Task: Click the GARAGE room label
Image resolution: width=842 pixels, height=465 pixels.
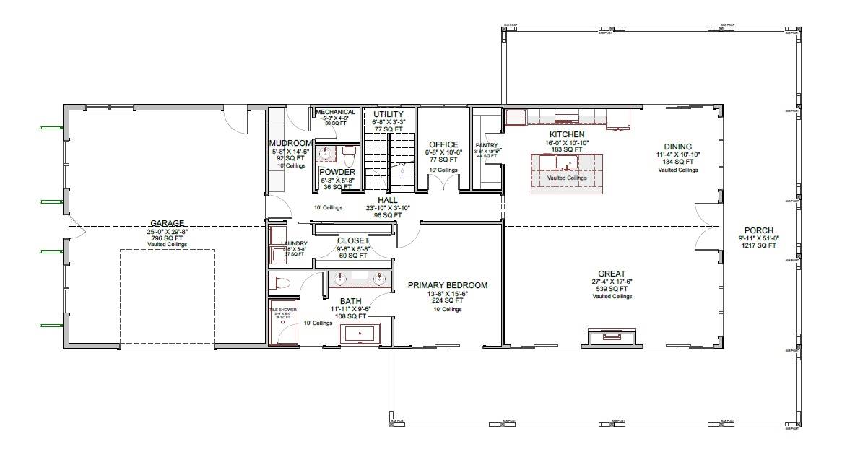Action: tap(167, 223)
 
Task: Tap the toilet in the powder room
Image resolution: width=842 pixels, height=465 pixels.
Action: tap(350, 155)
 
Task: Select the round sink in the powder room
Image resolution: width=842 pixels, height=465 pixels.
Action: tap(326, 154)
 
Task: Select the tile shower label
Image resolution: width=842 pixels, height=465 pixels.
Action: tap(282, 309)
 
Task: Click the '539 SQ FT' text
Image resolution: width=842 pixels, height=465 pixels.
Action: tap(612, 289)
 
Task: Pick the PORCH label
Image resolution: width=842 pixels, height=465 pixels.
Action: tap(758, 231)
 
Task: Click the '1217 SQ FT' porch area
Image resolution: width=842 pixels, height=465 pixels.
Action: tap(758, 245)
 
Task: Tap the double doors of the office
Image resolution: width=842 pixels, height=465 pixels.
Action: tap(443, 184)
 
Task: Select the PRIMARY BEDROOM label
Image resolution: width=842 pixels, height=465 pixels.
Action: tap(447, 285)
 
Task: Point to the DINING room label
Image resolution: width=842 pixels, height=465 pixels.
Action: tap(678, 147)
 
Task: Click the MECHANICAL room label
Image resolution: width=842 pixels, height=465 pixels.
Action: tap(336, 112)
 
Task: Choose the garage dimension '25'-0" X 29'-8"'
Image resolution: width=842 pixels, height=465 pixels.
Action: tap(167, 231)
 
